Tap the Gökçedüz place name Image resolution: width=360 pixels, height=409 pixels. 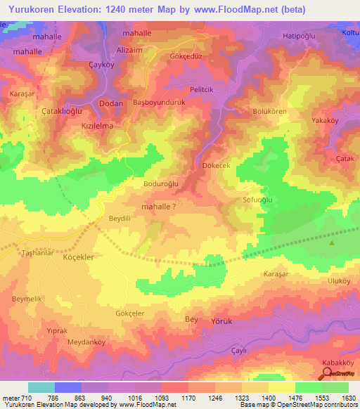(186, 56)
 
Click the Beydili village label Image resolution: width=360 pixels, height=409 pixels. (120, 219)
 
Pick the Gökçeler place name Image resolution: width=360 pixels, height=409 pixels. (129, 313)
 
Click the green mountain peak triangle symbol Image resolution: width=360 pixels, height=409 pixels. (332, 243)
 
